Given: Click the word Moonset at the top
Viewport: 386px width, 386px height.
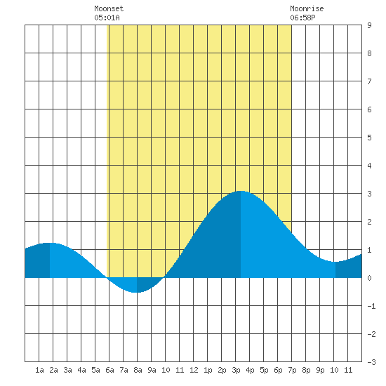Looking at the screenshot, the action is [x=109, y=8].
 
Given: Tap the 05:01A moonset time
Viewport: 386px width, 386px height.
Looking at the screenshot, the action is [x=107, y=18].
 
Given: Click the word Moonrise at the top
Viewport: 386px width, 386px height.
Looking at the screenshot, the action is [x=307, y=8].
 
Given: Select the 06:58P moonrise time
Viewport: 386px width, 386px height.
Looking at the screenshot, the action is [x=302, y=18].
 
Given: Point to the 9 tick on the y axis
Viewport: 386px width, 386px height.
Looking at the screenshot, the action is [x=369, y=25].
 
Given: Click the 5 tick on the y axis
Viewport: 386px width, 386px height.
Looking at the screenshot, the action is [x=369, y=138].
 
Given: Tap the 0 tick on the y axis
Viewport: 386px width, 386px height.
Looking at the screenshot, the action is [x=369, y=278].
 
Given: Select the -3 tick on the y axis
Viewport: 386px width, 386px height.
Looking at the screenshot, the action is [x=371, y=362].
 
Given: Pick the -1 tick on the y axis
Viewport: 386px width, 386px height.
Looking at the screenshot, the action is [x=371, y=306].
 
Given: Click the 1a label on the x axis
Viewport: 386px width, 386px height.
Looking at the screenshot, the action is [x=39, y=370].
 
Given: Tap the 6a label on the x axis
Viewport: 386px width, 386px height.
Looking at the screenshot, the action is [x=109, y=370].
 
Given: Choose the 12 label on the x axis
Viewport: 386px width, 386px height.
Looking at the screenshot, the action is [x=194, y=370].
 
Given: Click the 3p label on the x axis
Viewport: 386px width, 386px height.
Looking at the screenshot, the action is [x=236, y=370].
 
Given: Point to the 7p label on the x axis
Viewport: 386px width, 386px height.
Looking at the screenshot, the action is [x=292, y=370].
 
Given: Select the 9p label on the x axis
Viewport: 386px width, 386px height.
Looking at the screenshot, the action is [x=320, y=370].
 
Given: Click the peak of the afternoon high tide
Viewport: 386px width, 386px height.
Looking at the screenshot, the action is [x=240, y=191].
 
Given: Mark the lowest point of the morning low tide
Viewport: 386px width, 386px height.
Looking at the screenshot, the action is [x=137, y=293].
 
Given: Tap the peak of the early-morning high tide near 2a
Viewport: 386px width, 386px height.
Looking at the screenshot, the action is [x=50, y=243].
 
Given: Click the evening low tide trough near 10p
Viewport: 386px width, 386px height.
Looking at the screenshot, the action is [x=335, y=262].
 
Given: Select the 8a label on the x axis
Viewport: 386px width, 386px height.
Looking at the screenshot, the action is [x=138, y=370].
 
